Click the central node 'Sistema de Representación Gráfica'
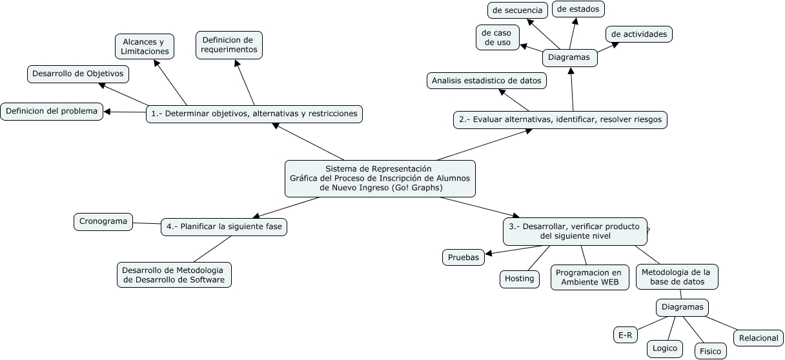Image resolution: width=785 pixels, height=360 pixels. pos(380,178)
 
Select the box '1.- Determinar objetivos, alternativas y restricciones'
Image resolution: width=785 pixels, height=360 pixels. pos(254,114)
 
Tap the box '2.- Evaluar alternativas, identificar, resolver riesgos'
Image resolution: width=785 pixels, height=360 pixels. pos(560,119)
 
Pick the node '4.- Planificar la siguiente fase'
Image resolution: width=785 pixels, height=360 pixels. pos(223,226)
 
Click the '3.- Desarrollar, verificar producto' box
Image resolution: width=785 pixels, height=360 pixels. pos(575,231)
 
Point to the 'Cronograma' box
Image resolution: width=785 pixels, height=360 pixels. pos(103,221)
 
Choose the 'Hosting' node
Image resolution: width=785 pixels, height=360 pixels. pos(519,279)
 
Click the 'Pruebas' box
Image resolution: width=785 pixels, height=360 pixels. pos(464,257)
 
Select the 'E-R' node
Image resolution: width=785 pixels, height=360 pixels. pos(625,335)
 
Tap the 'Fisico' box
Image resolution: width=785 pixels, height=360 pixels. pos(710,351)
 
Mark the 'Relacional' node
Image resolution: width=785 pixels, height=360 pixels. pos(759,338)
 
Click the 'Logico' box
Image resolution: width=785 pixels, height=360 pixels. pos(665,348)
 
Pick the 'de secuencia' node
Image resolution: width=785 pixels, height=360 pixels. pos(518,10)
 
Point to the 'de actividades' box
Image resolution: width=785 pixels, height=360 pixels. pos(639,34)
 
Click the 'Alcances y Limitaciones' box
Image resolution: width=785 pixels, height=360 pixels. pos(145,46)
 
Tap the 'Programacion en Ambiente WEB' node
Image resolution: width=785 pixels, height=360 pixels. pos(589,277)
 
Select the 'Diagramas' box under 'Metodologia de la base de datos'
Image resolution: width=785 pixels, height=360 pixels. pos(682,307)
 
